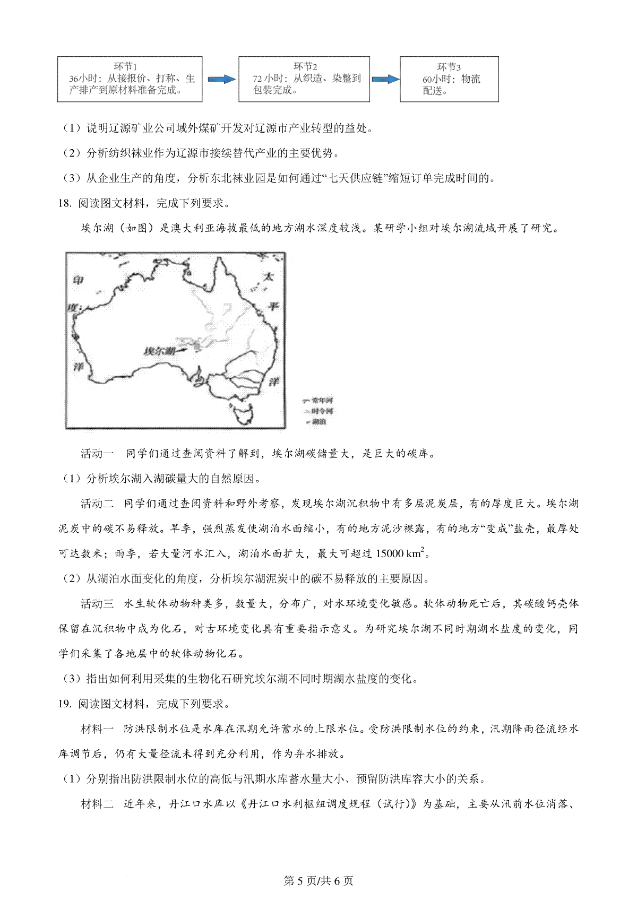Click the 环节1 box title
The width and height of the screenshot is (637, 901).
coord(126,66)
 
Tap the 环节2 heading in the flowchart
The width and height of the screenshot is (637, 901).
coord(305,66)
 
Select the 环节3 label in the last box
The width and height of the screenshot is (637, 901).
coord(449,67)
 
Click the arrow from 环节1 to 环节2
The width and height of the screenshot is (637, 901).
coord(221,79)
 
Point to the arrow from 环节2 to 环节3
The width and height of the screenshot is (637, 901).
coord(385,79)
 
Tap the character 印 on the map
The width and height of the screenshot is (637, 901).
coord(78,280)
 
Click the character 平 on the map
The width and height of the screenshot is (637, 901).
coord(273,306)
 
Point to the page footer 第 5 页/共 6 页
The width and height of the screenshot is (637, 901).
coord(318,881)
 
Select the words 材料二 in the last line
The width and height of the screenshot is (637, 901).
coord(97,804)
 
